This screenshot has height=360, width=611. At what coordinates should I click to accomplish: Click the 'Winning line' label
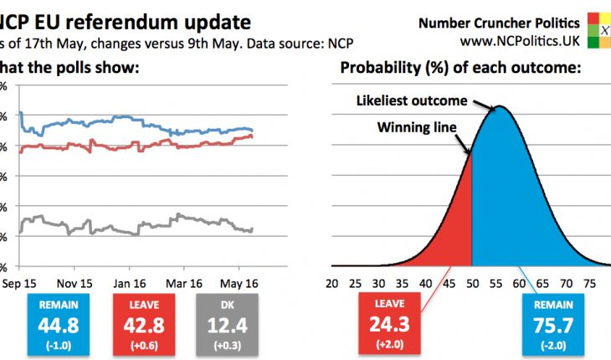(417, 128)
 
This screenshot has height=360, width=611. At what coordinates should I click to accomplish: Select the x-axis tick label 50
(473, 282)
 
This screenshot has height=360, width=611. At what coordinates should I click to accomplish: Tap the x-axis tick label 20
(332, 282)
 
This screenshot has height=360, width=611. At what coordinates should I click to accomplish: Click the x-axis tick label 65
(543, 282)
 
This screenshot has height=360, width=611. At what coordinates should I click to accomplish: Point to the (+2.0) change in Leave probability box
(390, 343)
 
